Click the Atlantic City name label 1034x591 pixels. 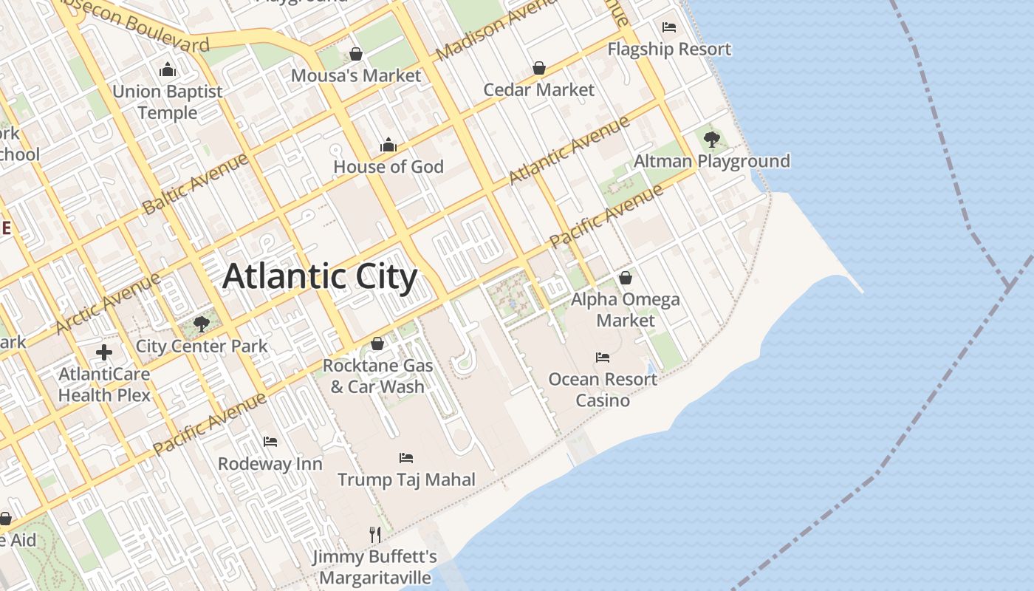pos(320,277)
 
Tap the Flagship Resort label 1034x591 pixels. pos(669,49)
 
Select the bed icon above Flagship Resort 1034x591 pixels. pos(669,27)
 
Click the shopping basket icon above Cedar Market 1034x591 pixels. pos(539,68)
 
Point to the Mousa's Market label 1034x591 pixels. pos(356,75)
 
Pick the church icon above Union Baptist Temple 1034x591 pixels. pos(168,70)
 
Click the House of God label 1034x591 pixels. pos(388,167)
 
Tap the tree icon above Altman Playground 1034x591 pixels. pos(712,139)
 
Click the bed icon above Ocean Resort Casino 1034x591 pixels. pos(603,358)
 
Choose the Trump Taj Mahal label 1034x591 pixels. pos(407,479)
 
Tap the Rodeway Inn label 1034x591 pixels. pos(270,464)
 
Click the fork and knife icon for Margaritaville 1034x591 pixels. pos(375,533)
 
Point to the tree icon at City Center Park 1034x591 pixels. pos(201,324)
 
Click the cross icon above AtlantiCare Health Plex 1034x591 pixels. pos(104,352)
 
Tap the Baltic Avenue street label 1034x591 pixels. pos(196,182)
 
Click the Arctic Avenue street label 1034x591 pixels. pos(108,303)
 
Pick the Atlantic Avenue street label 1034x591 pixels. pos(569,150)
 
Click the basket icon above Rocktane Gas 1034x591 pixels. pos(377,344)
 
